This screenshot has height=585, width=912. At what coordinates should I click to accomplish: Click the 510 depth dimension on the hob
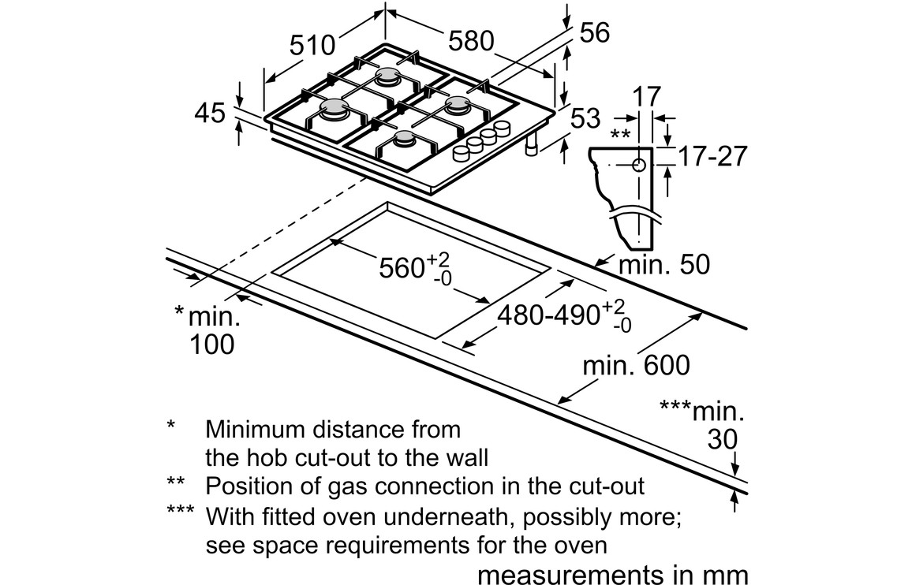pos(312,45)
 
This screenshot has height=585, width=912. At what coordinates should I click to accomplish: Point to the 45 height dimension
pos(210,114)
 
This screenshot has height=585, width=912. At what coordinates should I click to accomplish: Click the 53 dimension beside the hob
pos(585,119)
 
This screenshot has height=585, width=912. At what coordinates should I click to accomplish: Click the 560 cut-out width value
pos(402,268)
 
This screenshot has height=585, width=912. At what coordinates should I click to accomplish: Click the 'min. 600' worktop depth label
pos(636,365)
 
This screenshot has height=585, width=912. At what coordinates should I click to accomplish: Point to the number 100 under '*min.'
pos(212,344)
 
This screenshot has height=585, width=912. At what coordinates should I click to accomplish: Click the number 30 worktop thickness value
pos(722,439)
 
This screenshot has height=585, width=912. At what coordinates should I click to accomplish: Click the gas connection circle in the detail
pos(638,165)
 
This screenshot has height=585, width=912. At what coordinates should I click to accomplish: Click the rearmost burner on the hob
pos(389,76)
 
